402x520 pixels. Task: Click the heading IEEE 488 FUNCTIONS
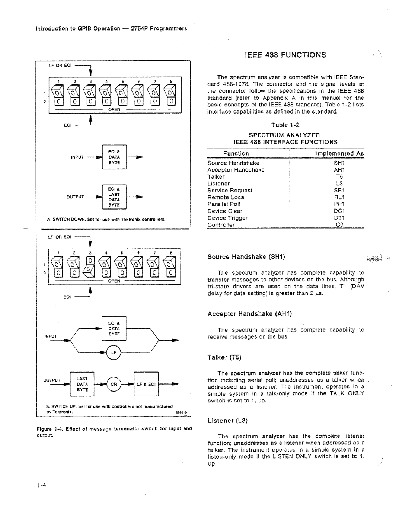pos(285,55)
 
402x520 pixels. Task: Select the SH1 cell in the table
pos(339,163)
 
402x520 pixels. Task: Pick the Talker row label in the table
pos(216,177)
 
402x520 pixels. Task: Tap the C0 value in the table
pos(339,225)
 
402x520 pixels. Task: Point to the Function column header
pos(236,153)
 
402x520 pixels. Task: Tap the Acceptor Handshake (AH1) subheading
pos(249,314)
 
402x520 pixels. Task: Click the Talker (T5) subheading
pos(224,357)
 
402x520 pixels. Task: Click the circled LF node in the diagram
pos(114,352)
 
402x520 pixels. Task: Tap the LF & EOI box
pos(146,384)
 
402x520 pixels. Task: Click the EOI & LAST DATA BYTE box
pos(114,197)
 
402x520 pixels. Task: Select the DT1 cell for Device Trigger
pos(339,218)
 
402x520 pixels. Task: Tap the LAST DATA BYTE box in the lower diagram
pos(82,384)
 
